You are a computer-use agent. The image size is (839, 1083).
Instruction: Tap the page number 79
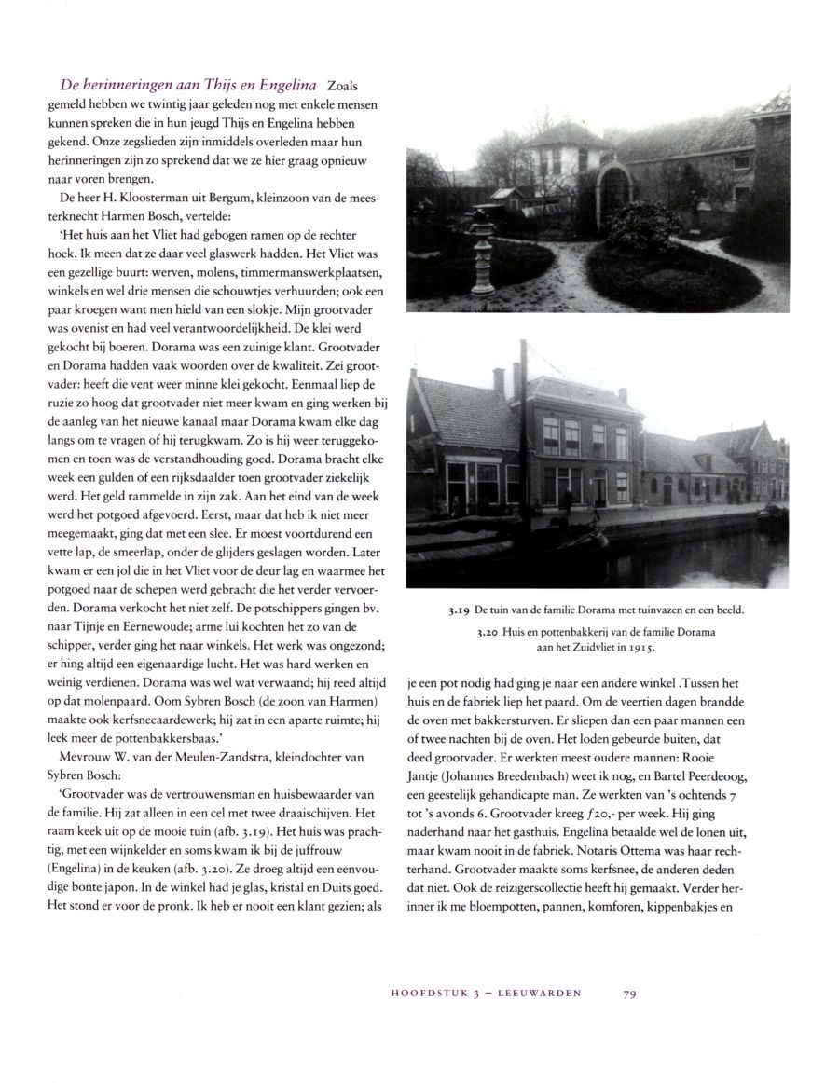pos(629,994)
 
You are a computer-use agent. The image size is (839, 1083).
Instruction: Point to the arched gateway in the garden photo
pos(614,192)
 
